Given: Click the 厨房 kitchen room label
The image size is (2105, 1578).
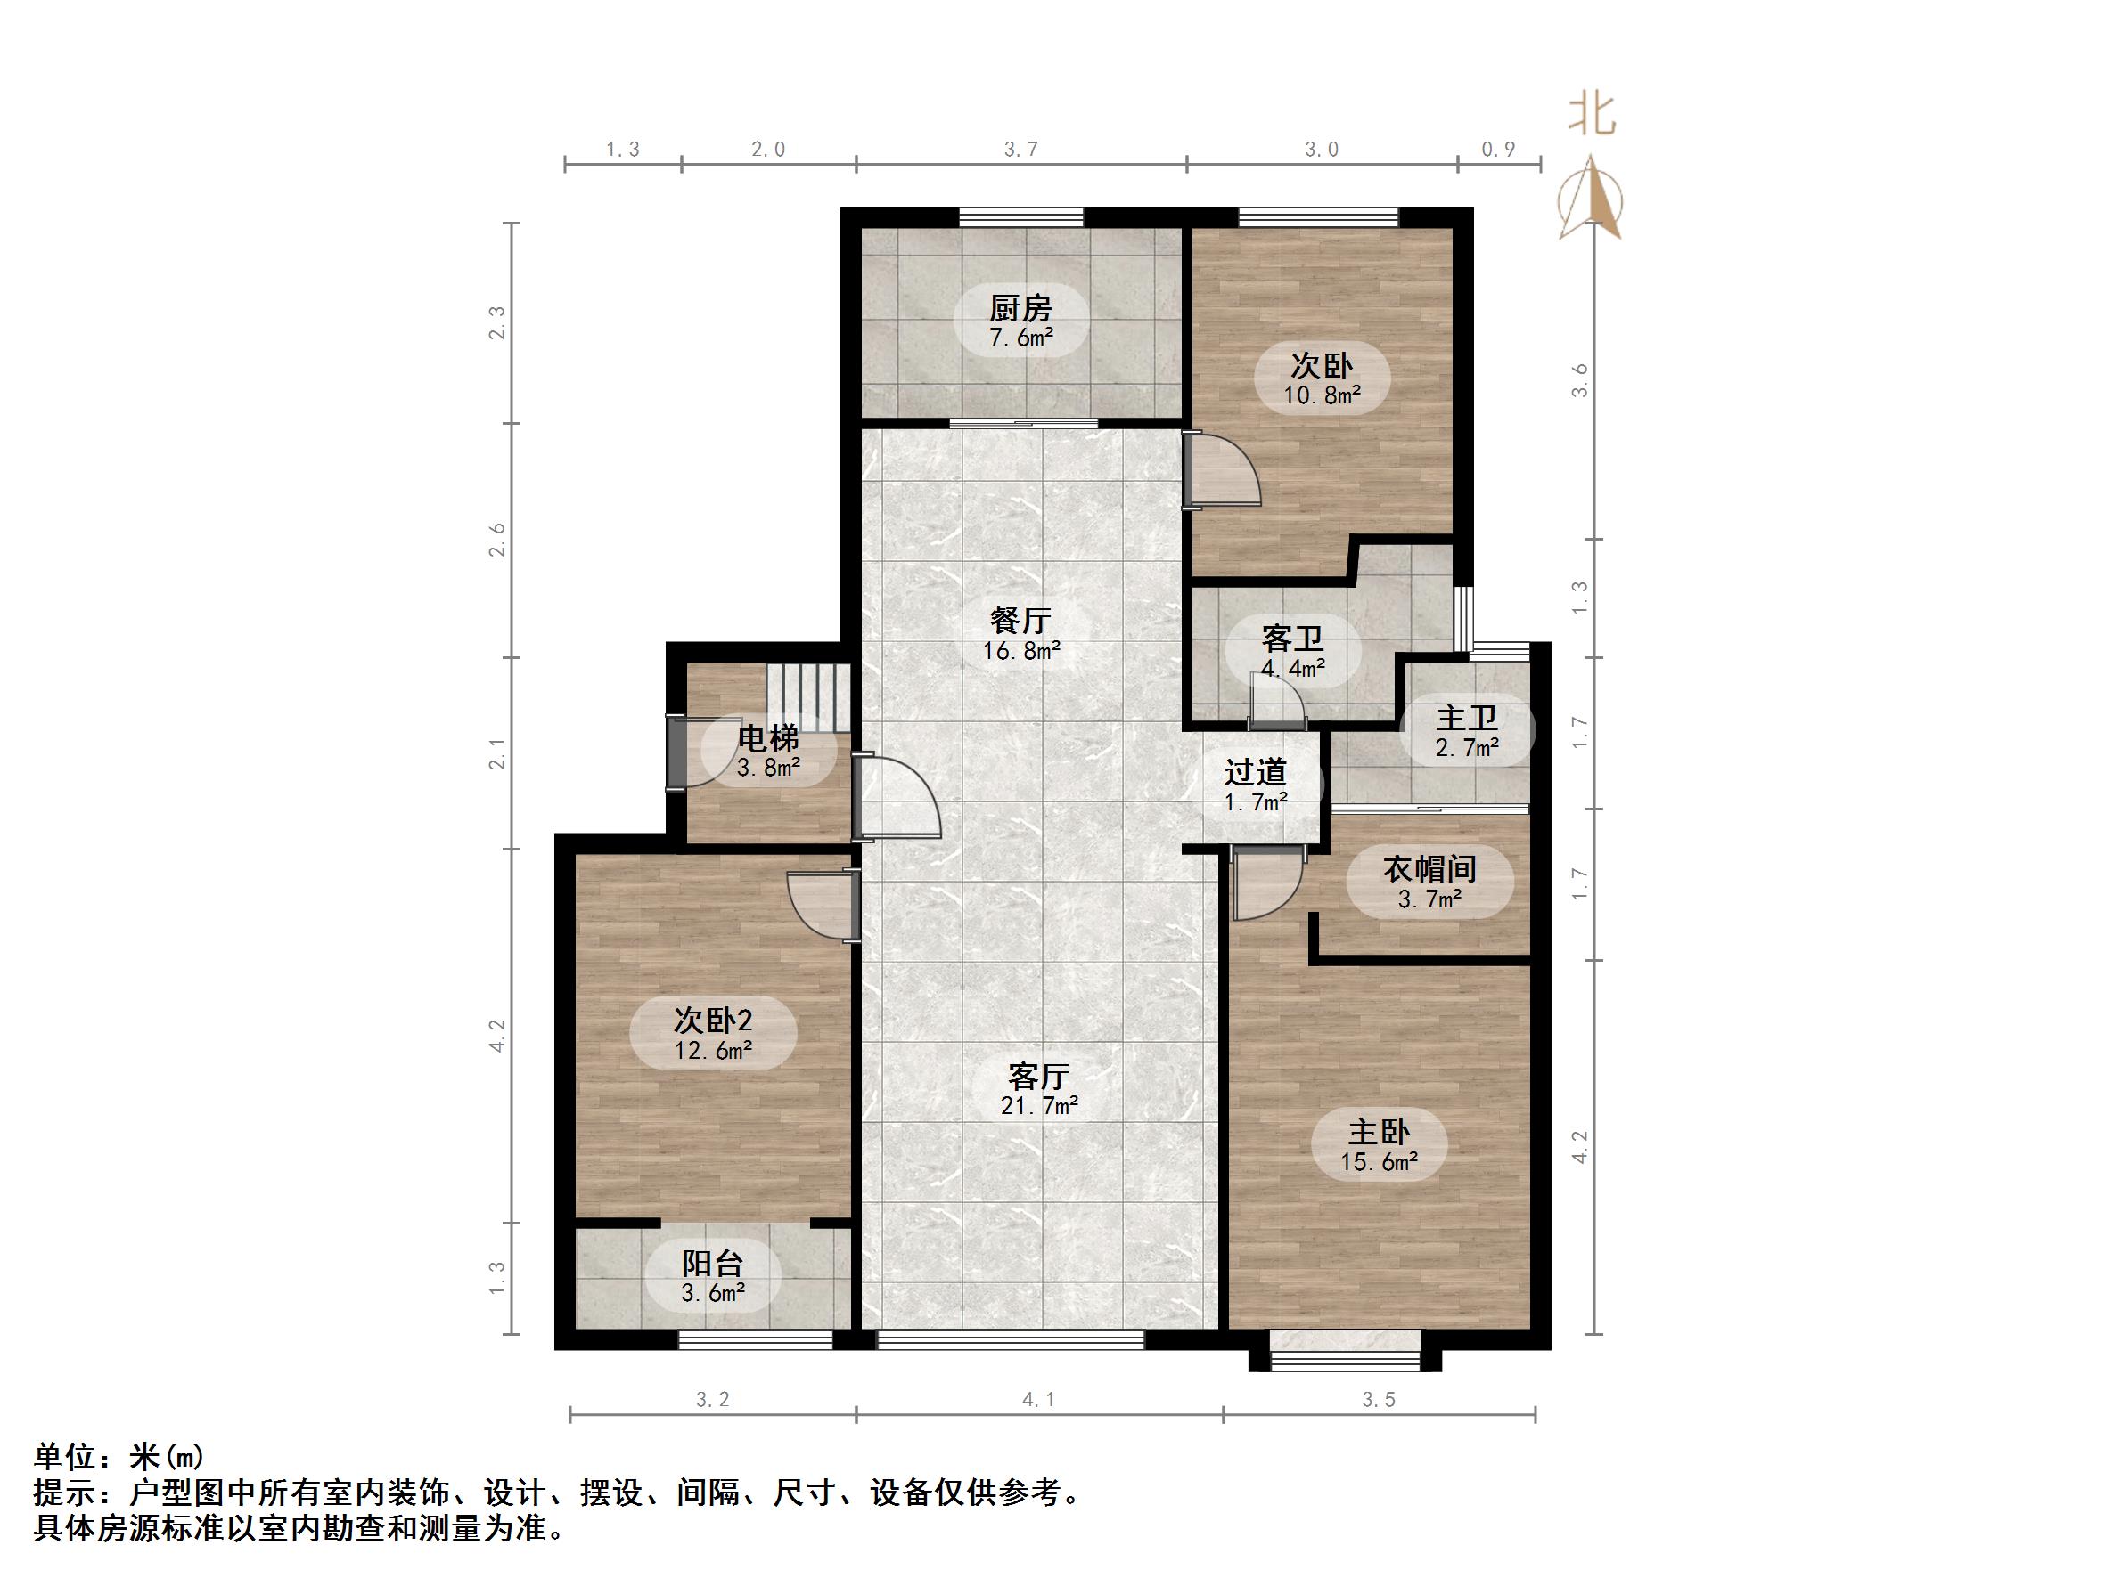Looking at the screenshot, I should tap(1020, 308).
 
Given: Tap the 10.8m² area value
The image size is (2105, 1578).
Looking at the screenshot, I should tap(1322, 394).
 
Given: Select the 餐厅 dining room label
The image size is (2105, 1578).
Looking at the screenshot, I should tap(1020, 621).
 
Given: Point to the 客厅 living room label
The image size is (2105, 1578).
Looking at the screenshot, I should tap(1038, 1077).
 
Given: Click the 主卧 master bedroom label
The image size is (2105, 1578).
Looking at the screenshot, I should tap(1379, 1132).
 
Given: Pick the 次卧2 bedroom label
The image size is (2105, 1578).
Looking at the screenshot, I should tap(713, 1021).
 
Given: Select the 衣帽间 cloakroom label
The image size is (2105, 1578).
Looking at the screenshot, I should tap(1429, 868).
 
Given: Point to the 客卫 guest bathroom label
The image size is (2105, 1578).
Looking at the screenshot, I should tap(1292, 638).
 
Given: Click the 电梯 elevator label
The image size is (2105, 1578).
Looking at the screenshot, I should tap(769, 738).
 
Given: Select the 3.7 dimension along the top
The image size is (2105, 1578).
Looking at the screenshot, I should tap(1021, 150).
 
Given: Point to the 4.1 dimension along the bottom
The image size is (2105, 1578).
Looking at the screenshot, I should tap(1038, 1399).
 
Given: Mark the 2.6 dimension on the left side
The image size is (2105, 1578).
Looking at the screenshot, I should tap(496, 541).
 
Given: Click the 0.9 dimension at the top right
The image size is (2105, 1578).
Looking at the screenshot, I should tap(1498, 150).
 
